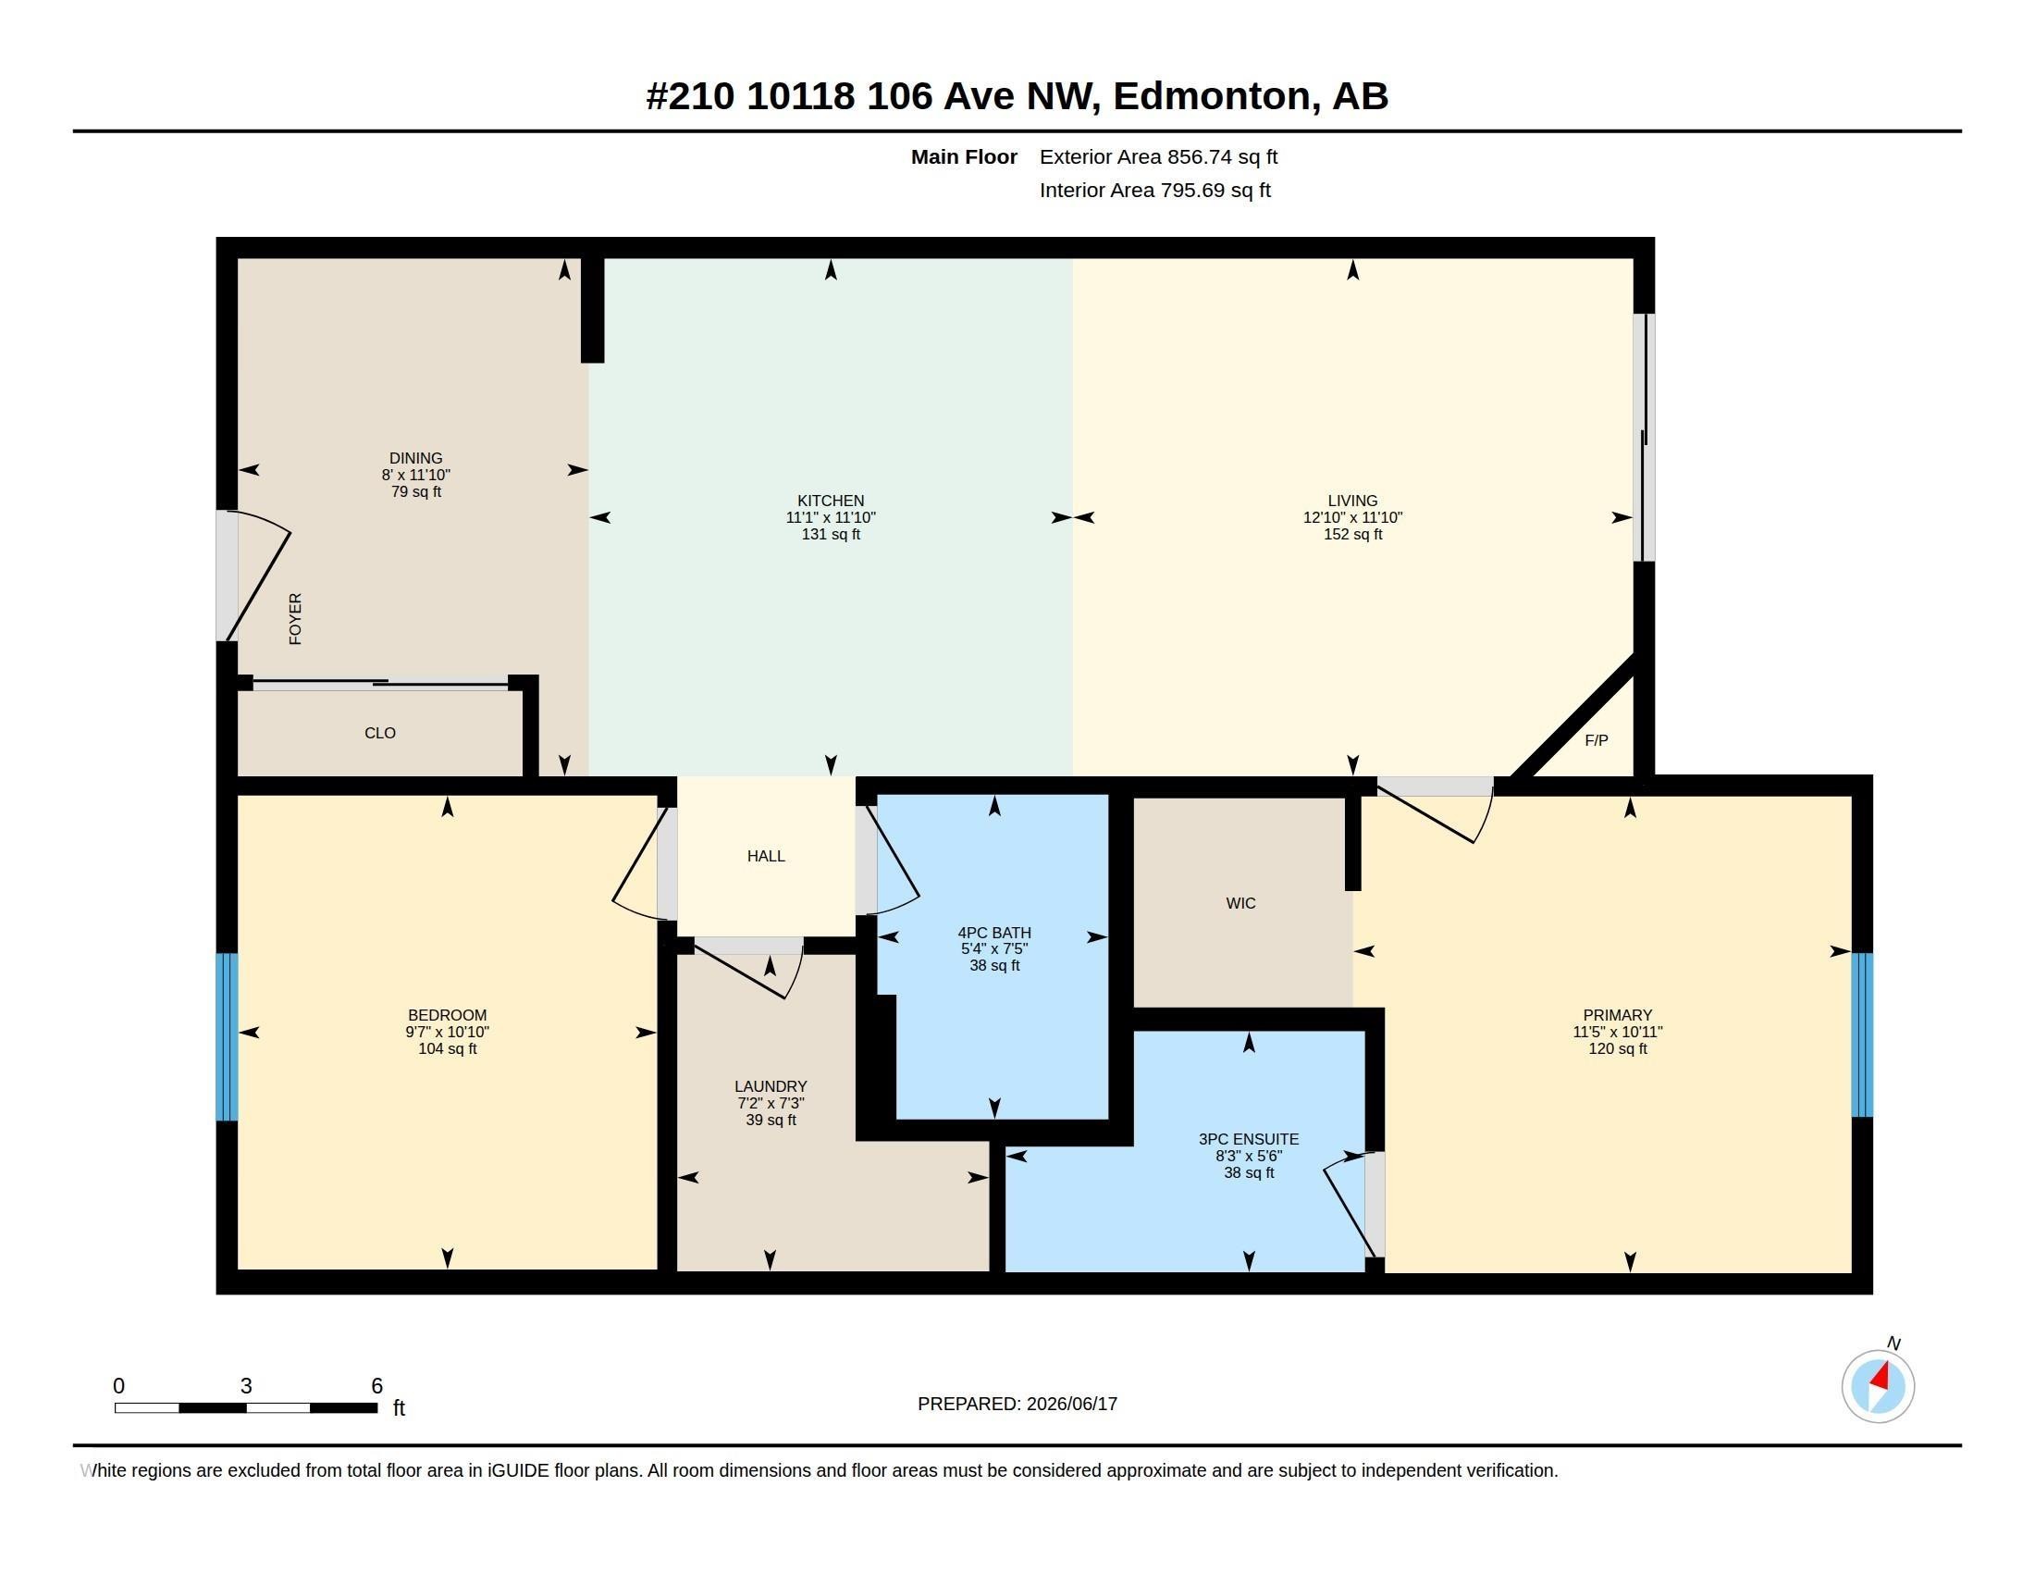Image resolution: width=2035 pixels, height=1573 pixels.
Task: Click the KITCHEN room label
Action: (831, 501)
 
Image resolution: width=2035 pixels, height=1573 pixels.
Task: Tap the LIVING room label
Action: (1352, 501)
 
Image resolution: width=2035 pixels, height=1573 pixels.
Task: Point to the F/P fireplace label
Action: (1597, 740)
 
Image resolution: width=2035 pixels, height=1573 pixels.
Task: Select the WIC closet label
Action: (1240, 903)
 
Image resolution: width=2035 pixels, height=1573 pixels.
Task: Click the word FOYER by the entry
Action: (295, 619)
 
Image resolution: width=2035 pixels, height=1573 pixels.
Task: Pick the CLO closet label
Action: (380, 734)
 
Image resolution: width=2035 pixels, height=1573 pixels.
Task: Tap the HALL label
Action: (766, 857)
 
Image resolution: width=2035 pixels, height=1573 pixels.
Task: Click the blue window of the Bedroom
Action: (227, 1035)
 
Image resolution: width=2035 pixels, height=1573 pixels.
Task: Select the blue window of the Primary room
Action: (1862, 1034)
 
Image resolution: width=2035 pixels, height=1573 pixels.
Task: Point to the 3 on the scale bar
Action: (246, 1386)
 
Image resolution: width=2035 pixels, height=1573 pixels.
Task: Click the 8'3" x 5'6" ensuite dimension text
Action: (1249, 1156)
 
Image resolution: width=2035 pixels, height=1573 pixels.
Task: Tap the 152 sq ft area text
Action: (1352, 534)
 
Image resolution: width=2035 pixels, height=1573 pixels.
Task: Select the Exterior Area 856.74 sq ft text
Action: (1158, 156)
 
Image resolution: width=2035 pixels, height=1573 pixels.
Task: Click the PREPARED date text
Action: (1017, 1404)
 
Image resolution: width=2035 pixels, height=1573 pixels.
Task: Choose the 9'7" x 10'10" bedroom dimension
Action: (448, 1032)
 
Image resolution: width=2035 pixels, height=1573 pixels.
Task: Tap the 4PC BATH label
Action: (994, 933)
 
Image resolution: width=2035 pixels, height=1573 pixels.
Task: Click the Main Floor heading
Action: (964, 156)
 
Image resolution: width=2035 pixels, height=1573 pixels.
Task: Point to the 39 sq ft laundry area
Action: (771, 1120)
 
